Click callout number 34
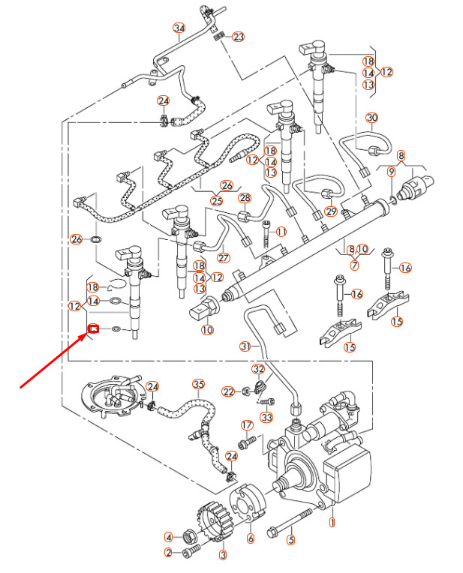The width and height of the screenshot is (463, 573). (x=179, y=28)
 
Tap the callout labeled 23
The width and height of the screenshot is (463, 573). (x=239, y=36)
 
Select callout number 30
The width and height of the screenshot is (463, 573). (x=372, y=118)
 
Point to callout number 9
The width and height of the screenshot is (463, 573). (x=391, y=172)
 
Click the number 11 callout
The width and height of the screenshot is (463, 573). (x=281, y=232)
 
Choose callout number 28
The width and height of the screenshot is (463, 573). (x=245, y=198)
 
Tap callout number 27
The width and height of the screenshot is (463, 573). (x=223, y=257)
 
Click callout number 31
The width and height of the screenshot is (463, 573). (x=245, y=346)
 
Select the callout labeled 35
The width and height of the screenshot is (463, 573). (x=198, y=384)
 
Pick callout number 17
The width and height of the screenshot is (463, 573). (x=247, y=425)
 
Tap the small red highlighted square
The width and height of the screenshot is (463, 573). (x=95, y=328)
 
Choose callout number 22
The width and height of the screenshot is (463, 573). (x=228, y=391)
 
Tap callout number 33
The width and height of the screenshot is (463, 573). (x=266, y=417)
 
